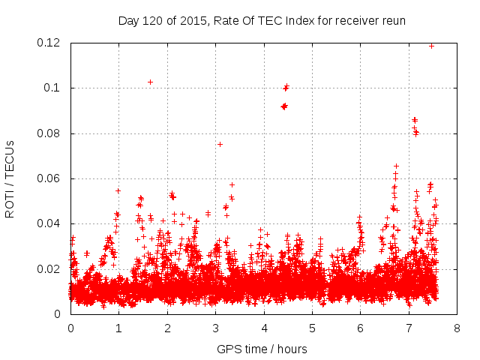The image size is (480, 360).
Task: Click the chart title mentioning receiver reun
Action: click(x=262, y=20)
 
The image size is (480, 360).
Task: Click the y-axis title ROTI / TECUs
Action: click(x=10, y=178)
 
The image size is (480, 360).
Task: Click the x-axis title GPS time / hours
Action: click(x=262, y=349)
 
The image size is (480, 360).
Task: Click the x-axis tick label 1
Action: click(x=118, y=328)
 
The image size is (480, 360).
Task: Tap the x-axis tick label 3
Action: click(x=215, y=328)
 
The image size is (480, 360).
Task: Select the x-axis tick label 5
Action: click(x=312, y=328)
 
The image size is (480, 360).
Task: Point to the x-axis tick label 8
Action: click(x=457, y=328)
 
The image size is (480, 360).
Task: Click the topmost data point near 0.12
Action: click(x=431, y=46)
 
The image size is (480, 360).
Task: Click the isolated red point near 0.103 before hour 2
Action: click(x=150, y=82)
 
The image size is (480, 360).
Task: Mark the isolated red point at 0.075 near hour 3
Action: click(x=220, y=144)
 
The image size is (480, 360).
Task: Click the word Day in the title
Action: click(x=129, y=20)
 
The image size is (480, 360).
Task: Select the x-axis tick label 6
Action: click(x=360, y=328)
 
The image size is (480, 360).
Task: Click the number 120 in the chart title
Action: click(x=154, y=20)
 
